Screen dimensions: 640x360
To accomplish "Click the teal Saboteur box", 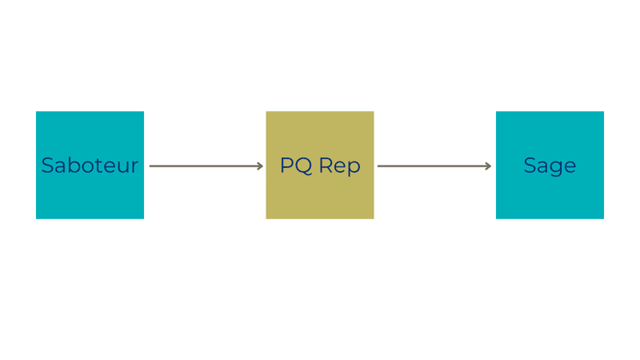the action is click(90, 165).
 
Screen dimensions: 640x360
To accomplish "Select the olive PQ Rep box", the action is click(320, 165).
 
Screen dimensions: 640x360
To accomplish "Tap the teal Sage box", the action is click(550, 165).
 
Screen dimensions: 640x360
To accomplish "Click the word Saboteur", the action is click(90, 166).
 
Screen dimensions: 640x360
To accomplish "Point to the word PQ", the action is click(296, 166).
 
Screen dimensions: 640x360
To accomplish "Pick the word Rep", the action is click(339, 167).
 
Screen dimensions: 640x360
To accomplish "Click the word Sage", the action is click(550, 167).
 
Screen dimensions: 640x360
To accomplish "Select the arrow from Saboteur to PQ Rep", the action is click(206, 166).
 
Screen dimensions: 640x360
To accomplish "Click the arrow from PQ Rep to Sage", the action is click(434, 166).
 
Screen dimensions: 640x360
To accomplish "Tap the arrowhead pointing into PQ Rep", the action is click(260, 166).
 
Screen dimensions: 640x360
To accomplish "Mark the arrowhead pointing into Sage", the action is click(488, 166).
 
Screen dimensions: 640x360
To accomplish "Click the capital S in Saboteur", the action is click(47, 166).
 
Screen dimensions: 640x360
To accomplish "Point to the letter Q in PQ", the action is click(304, 166).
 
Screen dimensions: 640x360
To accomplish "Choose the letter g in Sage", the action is click(556, 169).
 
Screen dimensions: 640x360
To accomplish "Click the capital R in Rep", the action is click(326, 166).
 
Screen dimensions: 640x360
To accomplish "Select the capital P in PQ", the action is click(286, 166).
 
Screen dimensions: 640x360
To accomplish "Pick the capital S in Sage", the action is click(530, 166).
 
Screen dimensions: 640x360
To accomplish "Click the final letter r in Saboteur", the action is click(135, 167).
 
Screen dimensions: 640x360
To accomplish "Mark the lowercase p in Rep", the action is click(354, 169).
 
